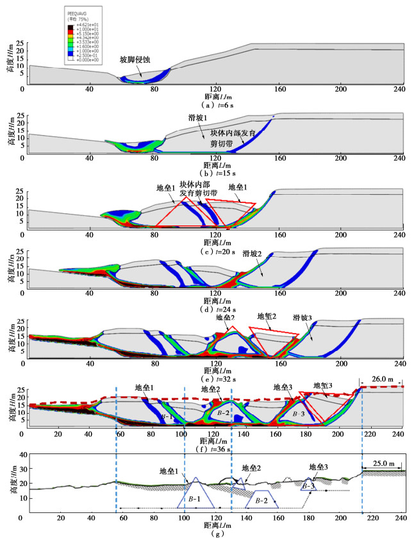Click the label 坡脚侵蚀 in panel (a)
point(135,60)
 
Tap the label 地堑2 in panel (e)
point(267,316)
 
